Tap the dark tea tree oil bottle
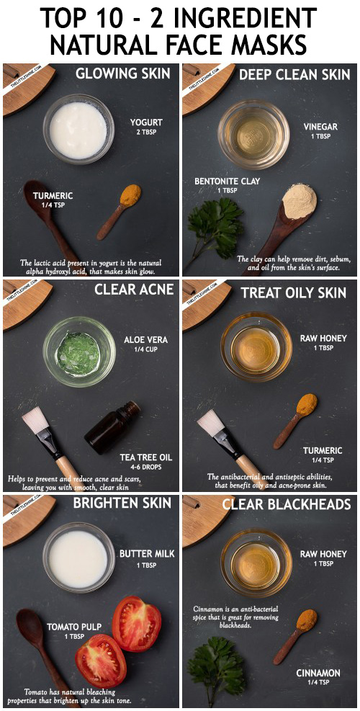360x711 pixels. point(112,428)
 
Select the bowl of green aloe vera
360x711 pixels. point(79,352)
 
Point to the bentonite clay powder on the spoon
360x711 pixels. point(300,201)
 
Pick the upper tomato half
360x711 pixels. point(137,624)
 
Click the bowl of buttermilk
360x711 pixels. point(79,558)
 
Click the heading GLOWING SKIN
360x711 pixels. point(122,73)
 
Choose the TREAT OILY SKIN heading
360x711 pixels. point(293,293)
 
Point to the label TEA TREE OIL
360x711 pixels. point(146,457)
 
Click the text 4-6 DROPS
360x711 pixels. point(146,467)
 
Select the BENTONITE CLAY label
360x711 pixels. point(227,182)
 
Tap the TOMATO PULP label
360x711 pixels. point(74,627)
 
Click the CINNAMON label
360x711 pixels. point(318,673)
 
